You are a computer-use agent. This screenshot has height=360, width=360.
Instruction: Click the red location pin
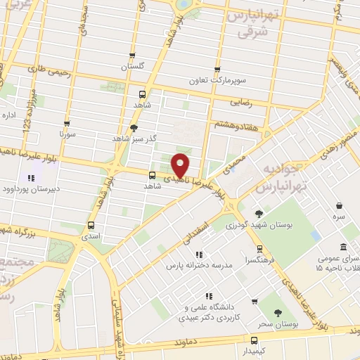point(181,164)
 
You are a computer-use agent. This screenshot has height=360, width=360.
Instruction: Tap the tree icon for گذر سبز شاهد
point(134,127)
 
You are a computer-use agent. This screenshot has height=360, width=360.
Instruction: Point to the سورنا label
point(67,133)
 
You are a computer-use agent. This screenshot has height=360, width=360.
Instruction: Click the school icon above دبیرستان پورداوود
point(31,177)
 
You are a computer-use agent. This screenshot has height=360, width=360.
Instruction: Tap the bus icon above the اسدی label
point(91,225)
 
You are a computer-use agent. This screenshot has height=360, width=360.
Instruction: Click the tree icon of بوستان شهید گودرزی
point(259,214)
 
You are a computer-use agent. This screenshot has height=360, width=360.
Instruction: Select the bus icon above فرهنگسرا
point(259,249)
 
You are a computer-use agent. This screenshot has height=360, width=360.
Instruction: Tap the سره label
point(339,219)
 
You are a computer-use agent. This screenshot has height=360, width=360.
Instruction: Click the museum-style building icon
point(342,247)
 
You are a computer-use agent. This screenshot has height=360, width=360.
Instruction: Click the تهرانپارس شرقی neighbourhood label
point(253,25)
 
